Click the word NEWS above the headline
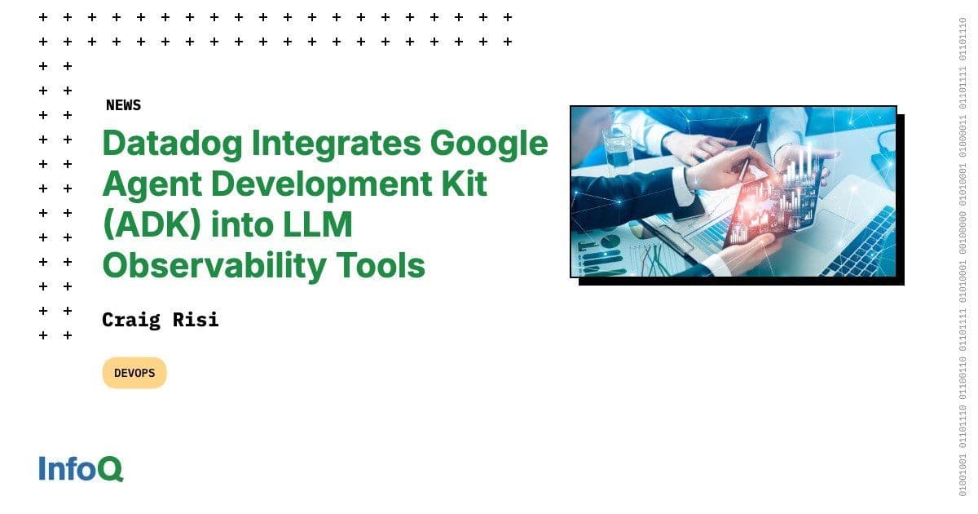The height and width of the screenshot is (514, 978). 123,105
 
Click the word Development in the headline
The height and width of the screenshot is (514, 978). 326,184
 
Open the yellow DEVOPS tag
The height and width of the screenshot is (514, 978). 134,373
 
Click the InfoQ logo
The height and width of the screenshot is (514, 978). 81,469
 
